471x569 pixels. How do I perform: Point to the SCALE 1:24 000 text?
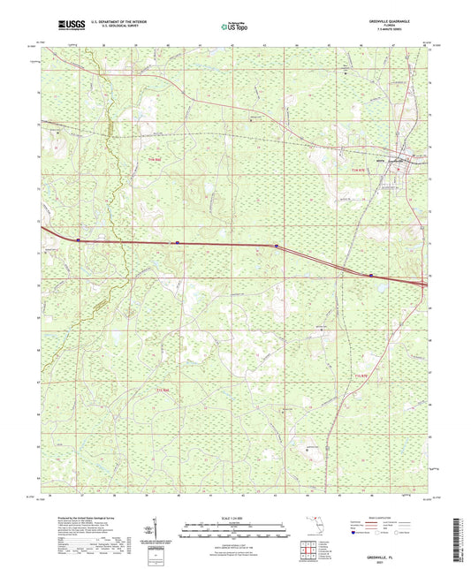point(234,518)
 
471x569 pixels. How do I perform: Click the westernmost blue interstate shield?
point(79,237)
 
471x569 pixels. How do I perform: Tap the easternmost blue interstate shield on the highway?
point(371,275)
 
